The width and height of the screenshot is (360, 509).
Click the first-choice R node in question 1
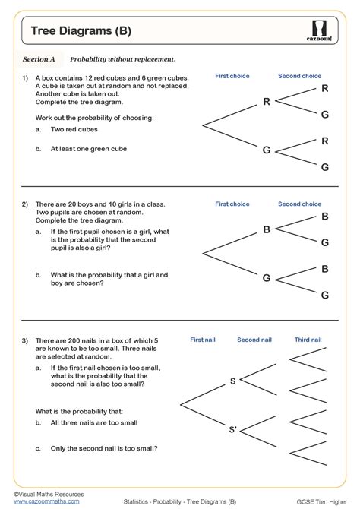click(x=266, y=101)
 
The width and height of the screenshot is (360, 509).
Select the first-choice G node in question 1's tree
click(x=266, y=150)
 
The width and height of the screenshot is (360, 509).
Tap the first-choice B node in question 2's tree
click(x=266, y=229)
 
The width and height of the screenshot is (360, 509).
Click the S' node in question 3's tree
click(x=233, y=430)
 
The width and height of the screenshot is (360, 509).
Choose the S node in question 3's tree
click(x=232, y=381)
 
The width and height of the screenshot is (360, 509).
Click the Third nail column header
click(x=308, y=340)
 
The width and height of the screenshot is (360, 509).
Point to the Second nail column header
click(x=254, y=340)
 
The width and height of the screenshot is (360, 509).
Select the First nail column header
click(x=203, y=340)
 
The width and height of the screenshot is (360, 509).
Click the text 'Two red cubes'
click(x=75, y=131)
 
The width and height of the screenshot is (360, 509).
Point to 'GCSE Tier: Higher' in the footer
click(x=319, y=502)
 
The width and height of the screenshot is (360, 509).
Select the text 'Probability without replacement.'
click(x=122, y=58)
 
